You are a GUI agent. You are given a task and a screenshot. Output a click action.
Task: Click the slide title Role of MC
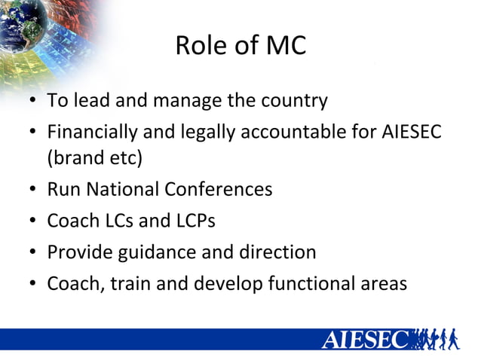point(240,46)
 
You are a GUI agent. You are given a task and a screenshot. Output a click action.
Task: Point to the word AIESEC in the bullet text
point(410,133)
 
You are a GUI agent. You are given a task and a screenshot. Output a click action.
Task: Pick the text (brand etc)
point(94,159)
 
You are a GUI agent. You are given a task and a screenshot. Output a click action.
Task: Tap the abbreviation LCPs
point(192,221)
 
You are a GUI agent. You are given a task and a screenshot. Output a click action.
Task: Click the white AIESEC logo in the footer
point(365,339)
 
